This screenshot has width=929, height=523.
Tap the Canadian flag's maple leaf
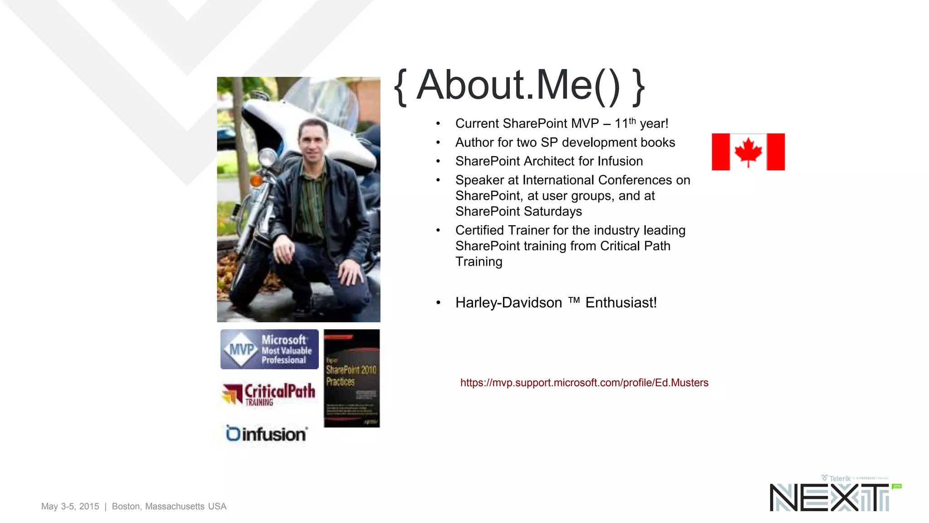coord(748,151)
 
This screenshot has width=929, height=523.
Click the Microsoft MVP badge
coord(269,349)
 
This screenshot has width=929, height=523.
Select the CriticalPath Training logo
coord(269,393)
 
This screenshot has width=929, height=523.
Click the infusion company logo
coord(266,434)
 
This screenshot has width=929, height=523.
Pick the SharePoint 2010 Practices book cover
coord(352,378)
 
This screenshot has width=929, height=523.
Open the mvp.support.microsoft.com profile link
coord(584,383)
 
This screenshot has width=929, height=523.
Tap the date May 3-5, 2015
coord(70,506)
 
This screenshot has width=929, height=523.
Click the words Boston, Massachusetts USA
coord(169,506)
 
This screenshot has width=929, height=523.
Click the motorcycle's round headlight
coord(268,158)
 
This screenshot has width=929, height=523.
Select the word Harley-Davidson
coord(509,302)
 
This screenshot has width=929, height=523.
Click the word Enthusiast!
coord(621,302)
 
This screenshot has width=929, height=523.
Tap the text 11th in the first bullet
coord(625,123)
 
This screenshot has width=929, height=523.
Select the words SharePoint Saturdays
coord(518,212)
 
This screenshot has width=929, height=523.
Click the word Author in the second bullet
coord(474,143)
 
